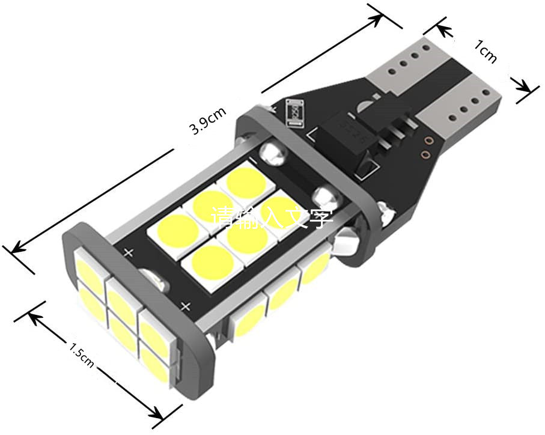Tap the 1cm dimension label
pos(486,52)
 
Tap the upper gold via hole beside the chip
pos(428,142)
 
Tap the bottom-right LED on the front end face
pos(157,360)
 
